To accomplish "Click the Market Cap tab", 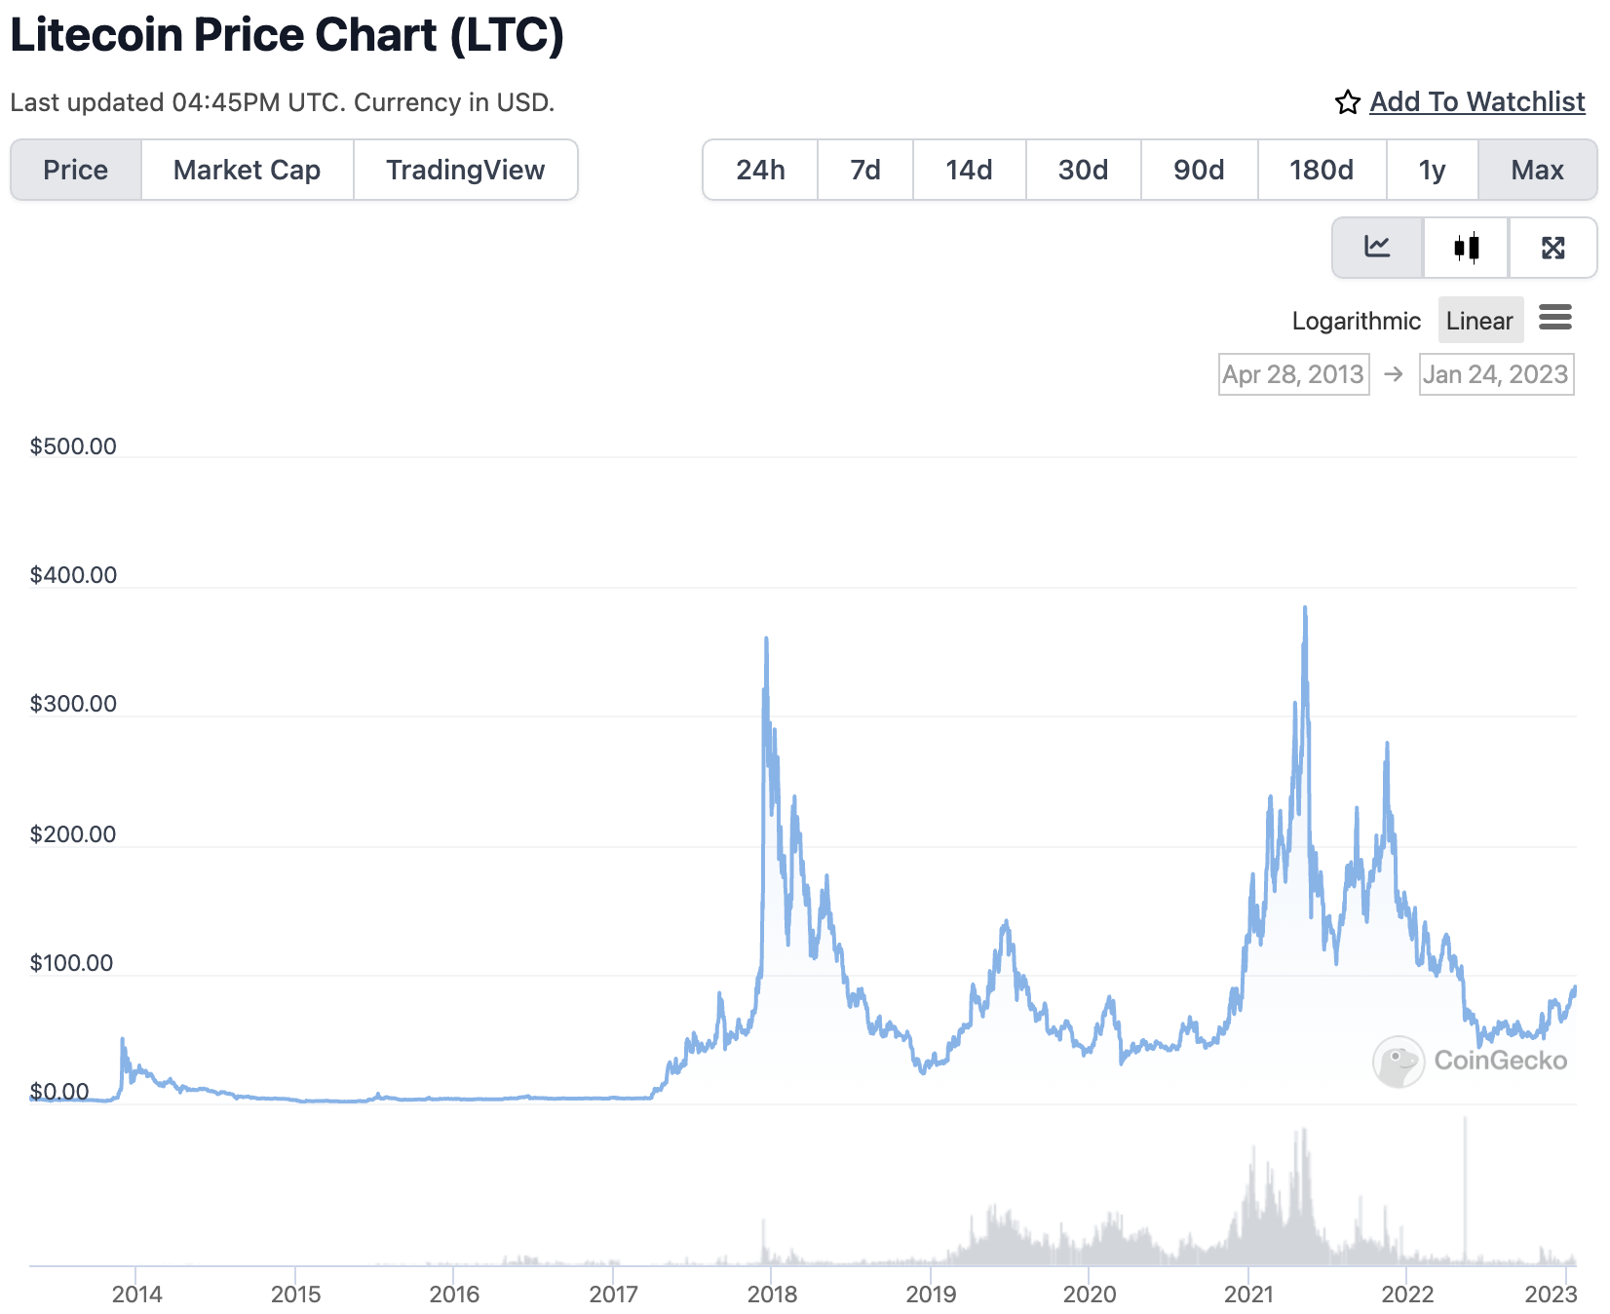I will [247, 170].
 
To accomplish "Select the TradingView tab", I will [465, 170].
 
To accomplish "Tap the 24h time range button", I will [760, 170].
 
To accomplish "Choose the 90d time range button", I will [1199, 170].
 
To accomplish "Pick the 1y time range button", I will [1432, 170].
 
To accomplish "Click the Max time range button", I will [1537, 170].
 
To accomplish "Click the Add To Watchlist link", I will [1476, 101].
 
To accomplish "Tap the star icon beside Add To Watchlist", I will [1347, 102].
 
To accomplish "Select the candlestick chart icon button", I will [1466, 248].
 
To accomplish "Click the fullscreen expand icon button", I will [1552, 248].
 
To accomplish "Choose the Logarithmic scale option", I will [1356, 321].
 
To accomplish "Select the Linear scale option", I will [1479, 321].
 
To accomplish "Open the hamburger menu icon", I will [1555, 317].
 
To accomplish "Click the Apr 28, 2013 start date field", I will [1293, 374].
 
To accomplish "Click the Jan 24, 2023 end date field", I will [1496, 374].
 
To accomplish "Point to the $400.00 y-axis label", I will [73, 575].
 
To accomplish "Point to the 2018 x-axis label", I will [772, 1294].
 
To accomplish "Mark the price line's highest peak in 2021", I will [1305, 608].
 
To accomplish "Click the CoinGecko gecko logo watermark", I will [1398, 1062].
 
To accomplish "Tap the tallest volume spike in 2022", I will [1465, 1121].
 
